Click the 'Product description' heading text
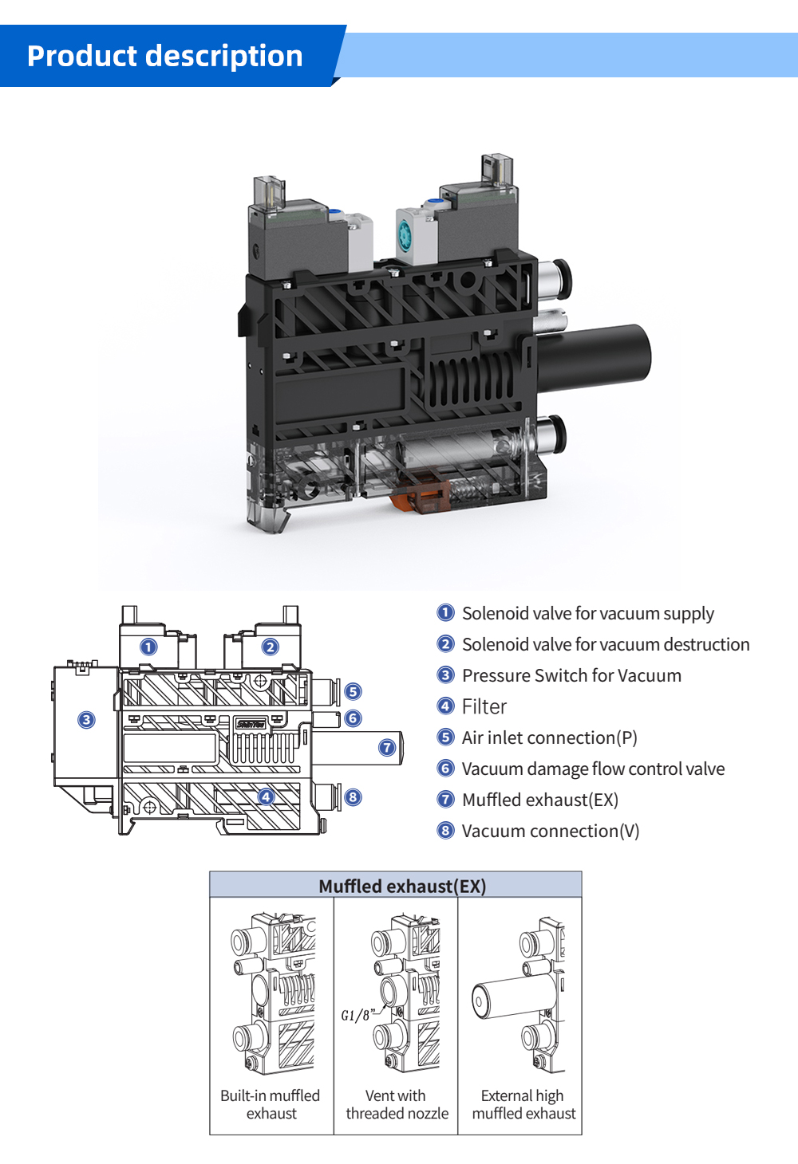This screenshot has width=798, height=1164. tap(165, 57)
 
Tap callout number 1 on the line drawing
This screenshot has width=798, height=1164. tap(148, 647)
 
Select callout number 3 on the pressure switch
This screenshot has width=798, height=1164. tap(86, 720)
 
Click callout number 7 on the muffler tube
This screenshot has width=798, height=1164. tap(387, 747)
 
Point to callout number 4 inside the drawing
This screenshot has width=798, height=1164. tap(266, 796)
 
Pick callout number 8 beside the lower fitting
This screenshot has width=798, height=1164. tap(353, 796)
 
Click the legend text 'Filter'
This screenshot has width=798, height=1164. tap(484, 707)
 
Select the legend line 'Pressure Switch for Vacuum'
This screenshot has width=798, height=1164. tap(571, 676)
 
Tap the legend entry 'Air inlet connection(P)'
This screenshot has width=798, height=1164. tap(549, 738)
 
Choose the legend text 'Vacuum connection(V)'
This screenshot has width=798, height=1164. tap(550, 832)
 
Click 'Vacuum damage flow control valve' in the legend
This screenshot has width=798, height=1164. tap(593, 769)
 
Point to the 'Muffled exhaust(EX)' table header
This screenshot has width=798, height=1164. tap(402, 887)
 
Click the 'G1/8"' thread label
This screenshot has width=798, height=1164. tap(357, 1015)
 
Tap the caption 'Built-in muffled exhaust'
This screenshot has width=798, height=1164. tap(271, 1104)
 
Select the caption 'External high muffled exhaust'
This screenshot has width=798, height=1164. tap(523, 1104)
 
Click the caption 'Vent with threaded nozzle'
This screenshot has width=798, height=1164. tap(397, 1104)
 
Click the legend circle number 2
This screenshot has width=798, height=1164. tap(446, 644)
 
